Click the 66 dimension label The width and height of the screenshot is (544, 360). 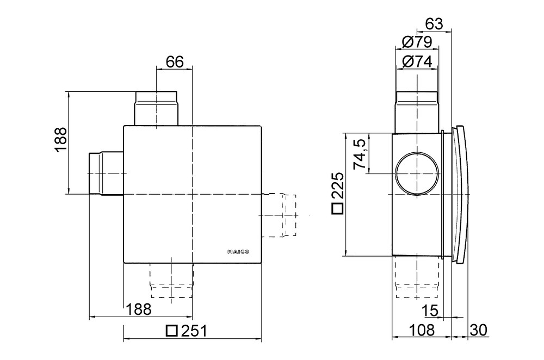(174, 62)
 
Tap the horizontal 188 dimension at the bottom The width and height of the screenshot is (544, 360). (138, 309)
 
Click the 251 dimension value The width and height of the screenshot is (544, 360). (194, 331)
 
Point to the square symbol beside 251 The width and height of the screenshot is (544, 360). (172, 331)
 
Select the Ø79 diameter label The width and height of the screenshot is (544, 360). (417, 42)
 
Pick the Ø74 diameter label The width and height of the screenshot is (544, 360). (417, 62)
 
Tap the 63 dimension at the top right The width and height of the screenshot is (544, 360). (434, 24)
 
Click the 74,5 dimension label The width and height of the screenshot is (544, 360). (360, 154)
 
